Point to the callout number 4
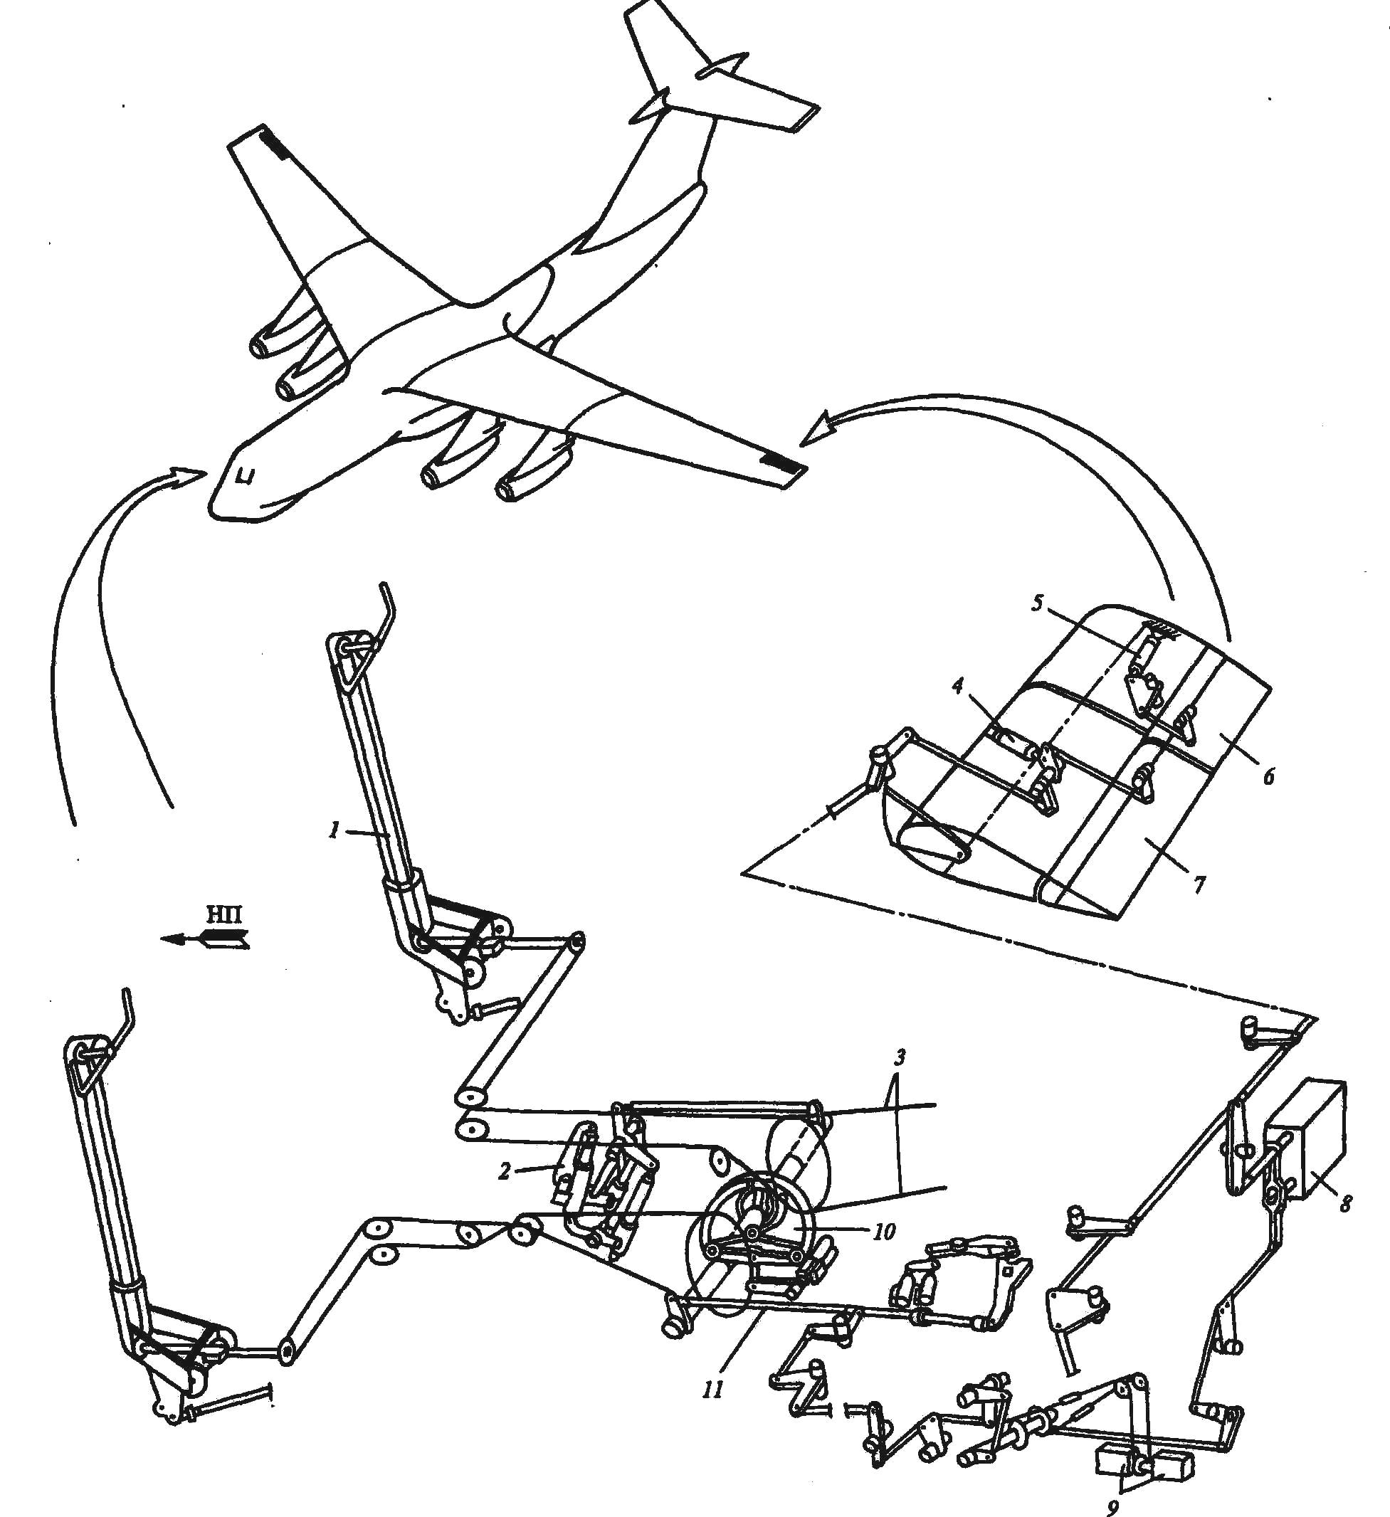[957, 687]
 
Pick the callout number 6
[1269, 776]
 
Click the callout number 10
[883, 1232]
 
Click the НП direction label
[224, 915]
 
